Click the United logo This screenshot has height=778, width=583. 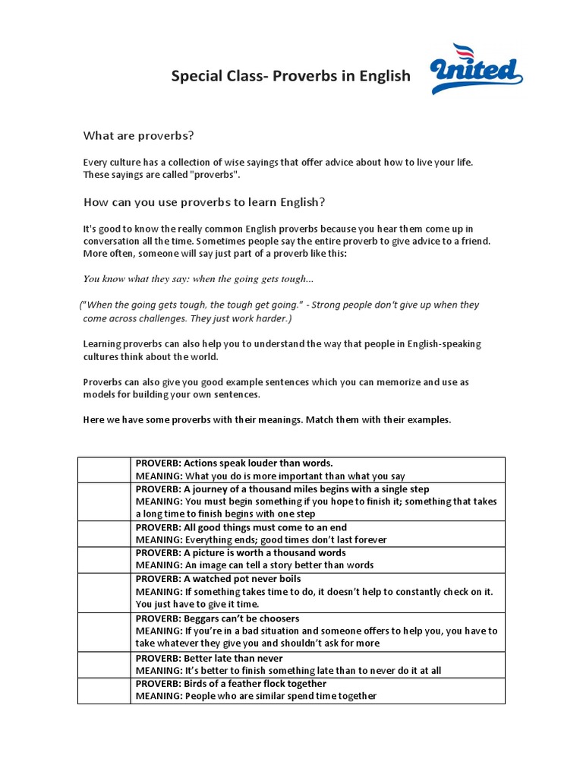coord(476,71)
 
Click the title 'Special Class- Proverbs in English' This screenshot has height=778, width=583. coord(290,76)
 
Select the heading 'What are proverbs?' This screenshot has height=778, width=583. coord(138,136)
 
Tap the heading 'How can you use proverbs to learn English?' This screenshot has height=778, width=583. coord(203,202)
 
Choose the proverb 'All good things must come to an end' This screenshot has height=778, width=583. coord(241,527)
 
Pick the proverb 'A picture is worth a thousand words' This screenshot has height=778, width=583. coord(240,553)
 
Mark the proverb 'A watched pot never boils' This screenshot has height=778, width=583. coord(218,579)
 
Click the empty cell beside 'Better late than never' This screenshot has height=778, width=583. coord(104,665)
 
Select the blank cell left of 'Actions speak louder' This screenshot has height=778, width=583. coord(104,470)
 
